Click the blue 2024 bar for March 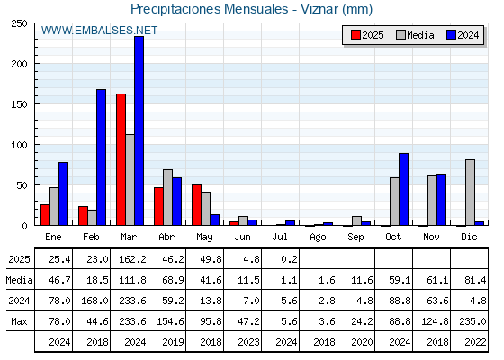click(139, 130)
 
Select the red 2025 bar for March click(121, 159)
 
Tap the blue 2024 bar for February click(101, 157)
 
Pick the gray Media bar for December click(470, 193)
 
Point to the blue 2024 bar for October click(404, 189)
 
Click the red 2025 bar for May click(196, 205)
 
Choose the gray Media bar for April click(167, 197)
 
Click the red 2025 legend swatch click(355, 35)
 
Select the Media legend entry click(415, 35)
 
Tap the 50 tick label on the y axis click(22, 185)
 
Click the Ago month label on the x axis click(318, 238)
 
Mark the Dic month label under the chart click(469, 237)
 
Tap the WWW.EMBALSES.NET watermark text click(99, 31)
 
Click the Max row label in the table click(19, 321)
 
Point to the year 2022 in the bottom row click(475, 342)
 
